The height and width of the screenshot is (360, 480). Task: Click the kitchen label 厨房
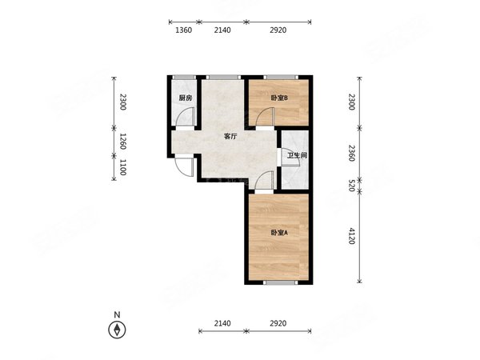point(186,98)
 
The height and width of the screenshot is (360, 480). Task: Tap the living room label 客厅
point(230,137)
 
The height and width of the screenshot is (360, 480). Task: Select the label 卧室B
point(279,98)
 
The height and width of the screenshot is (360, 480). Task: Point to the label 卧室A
point(279,233)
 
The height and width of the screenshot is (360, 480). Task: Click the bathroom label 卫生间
point(297,155)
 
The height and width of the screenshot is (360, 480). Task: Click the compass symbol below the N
point(117,330)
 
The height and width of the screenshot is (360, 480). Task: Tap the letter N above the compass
point(117,314)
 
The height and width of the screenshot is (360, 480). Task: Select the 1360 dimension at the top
point(184,30)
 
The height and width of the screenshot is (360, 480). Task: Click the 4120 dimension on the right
point(352,236)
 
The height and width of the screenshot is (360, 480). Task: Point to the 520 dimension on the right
point(352,186)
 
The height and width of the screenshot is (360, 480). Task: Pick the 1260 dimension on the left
point(122,141)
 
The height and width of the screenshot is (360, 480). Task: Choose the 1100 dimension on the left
point(122,167)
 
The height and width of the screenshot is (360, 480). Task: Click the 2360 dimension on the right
point(352,153)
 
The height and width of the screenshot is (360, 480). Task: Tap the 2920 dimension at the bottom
point(278,323)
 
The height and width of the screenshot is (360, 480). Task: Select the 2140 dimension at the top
point(222,30)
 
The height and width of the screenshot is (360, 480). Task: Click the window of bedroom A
point(280,282)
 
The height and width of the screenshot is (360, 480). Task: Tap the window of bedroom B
point(281,77)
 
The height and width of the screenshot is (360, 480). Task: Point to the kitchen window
point(184,77)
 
